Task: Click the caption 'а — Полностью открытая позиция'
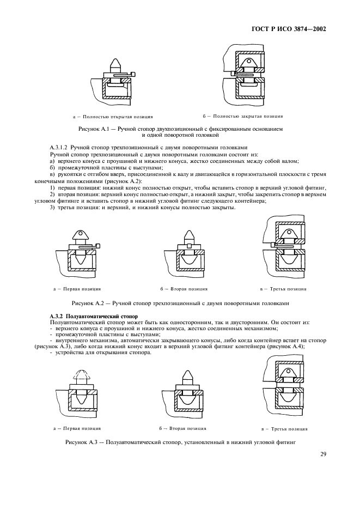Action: [x=112, y=116]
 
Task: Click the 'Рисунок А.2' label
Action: [x=88, y=302]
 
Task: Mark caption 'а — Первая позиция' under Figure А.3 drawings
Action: [x=77, y=428]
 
